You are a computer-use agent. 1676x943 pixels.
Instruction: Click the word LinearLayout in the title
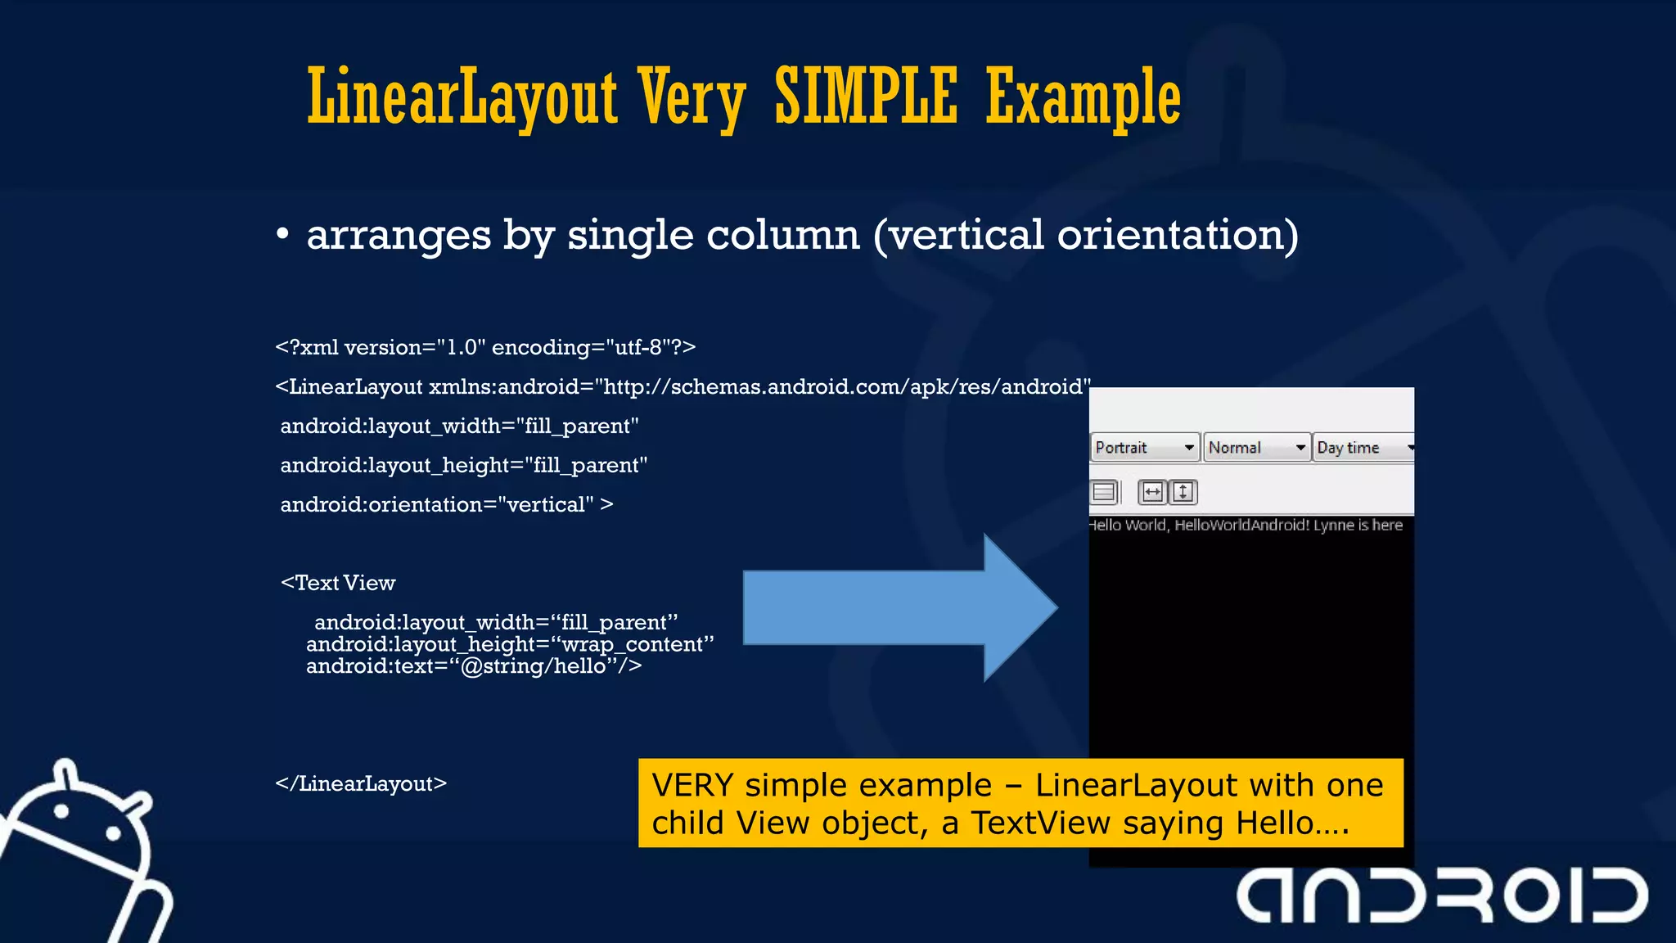pos(462,98)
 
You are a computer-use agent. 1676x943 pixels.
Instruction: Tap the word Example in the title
pos(1083,98)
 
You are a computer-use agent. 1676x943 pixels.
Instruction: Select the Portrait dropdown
pos(1144,448)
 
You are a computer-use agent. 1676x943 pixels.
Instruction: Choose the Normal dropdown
pos(1256,448)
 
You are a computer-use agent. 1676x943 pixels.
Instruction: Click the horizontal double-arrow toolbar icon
pos(1152,492)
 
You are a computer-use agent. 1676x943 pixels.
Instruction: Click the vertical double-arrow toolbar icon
pos(1183,492)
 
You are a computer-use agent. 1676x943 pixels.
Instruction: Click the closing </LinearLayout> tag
pos(361,783)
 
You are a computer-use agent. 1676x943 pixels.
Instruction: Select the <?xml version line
pos(485,347)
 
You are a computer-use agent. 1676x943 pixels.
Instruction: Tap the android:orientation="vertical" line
pos(446,504)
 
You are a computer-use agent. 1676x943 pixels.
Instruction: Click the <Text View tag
pos(338,583)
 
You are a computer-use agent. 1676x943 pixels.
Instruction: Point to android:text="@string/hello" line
pos(473,666)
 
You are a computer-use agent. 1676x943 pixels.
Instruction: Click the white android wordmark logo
pos(1442,896)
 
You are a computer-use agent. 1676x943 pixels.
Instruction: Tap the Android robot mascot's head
pos(82,827)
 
